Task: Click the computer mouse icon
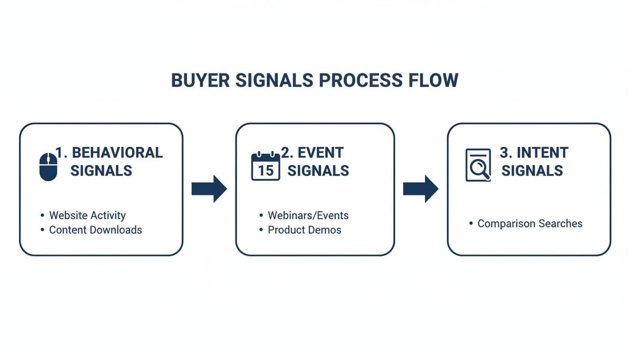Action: (48, 167)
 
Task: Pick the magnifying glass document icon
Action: (478, 165)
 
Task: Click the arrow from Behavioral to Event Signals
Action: (209, 189)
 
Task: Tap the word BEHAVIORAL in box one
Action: (117, 153)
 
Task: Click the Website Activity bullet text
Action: (87, 216)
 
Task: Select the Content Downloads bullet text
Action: (95, 230)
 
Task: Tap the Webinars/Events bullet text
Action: (308, 216)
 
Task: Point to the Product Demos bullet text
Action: (304, 230)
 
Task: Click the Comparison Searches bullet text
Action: (530, 224)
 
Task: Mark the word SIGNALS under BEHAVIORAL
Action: (101, 171)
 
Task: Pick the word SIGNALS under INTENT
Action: (532, 171)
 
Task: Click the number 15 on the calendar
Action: (266, 171)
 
